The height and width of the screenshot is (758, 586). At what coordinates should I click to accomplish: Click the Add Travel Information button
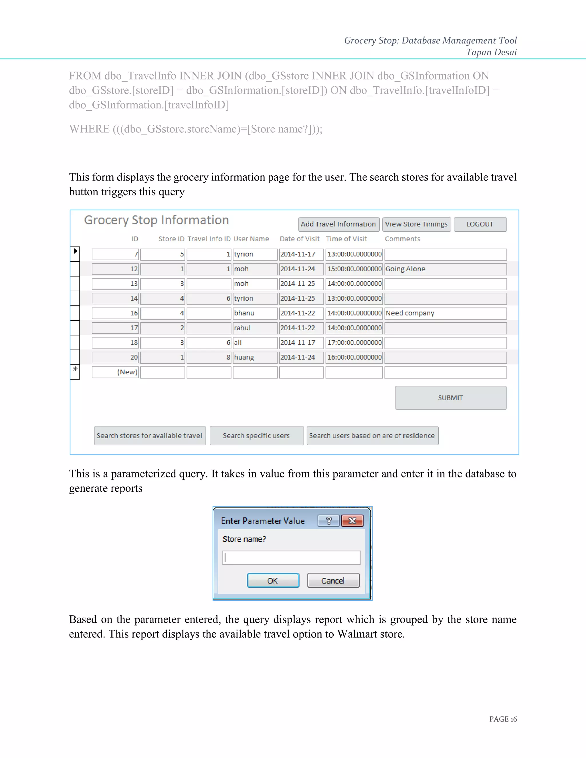pos(338,224)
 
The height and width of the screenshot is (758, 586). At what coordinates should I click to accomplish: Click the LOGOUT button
pos(480,224)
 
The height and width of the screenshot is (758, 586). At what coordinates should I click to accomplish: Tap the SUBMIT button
pos(450,398)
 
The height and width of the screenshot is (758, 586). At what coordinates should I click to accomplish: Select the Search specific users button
pos(256,436)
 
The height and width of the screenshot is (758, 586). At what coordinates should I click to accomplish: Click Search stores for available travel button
pos(150,436)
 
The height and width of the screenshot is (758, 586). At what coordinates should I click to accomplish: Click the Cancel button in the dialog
pos(333,581)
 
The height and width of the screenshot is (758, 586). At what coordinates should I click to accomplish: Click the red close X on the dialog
pos(352,521)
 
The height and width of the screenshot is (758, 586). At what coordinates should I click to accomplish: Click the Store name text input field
pos(291,558)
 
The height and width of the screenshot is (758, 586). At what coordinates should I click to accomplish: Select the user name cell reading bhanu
pos(255,313)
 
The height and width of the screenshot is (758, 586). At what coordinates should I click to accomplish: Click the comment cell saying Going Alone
pos(445,269)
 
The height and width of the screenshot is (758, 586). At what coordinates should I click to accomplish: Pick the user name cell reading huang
pos(255,358)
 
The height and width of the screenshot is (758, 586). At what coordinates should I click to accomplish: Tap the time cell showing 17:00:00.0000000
pos(354,343)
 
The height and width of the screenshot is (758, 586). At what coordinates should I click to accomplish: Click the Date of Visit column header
pos(300,239)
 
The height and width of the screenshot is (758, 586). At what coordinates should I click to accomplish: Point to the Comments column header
pos(402,239)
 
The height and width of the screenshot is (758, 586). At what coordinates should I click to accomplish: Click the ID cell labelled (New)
pos(116,372)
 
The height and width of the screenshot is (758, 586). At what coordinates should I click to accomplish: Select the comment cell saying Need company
pos(445,313)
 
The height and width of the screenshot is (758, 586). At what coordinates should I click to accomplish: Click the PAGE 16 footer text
pos(503,719)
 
